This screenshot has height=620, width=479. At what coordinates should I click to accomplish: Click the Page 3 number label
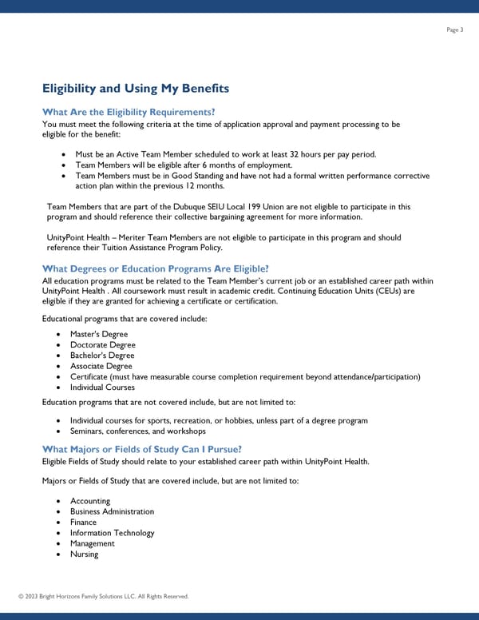(x=455, y=30)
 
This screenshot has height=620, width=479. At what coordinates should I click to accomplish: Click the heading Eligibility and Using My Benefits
(x=135, y=88)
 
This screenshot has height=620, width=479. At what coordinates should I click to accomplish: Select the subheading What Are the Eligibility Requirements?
(x=129, y=113)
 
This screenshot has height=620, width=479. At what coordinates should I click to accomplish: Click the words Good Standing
(x=204, y=176)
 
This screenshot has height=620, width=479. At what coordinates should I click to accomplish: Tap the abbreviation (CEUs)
(x=385, y=292)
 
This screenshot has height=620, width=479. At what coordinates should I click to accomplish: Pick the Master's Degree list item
(x=98, y=334)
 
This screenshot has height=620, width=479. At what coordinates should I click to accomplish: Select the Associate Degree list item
(x=101, y=366)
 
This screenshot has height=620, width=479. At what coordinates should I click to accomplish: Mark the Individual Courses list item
(x=101, y=387)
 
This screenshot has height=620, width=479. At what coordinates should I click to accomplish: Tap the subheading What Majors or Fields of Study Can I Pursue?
(x=141, y=449)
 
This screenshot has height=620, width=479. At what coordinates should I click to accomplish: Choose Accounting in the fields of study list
(x=90, y=501)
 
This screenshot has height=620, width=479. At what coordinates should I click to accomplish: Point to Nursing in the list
(x=84, y=554)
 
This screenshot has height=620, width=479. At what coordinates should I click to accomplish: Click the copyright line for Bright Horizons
(x=103, y=596)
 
